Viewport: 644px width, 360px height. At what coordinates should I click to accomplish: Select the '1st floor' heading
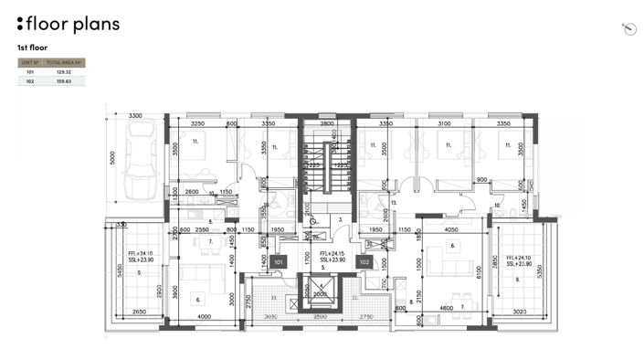pyautogui.click(x=32, y=47)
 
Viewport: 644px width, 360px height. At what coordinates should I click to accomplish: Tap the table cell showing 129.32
pyautogui.click(x=65, y=71)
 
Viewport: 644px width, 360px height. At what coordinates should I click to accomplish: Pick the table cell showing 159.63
pyautogui.click(x=65, y=81)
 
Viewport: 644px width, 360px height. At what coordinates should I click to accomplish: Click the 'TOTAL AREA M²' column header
pyautogui.click(x=65, y=62)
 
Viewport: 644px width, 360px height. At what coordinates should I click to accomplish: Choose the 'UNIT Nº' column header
pyautogui.click(x=29, y=62)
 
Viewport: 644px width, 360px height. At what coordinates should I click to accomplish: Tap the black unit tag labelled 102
pyautogui.click(x=364, y=261)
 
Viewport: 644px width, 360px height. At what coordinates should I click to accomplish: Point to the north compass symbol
pyautogui.click(x=628, y=29)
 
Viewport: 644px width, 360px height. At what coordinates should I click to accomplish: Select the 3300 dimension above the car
pyautogui.click(x=135, y=116)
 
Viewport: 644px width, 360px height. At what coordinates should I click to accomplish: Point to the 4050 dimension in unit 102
pyautogui.click(x=450, y=230)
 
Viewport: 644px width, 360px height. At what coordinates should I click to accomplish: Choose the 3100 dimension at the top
pyautogui.click(x=445, y=122)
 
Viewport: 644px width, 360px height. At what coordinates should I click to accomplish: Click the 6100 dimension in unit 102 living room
pyautogui.click(x=477, y=271)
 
